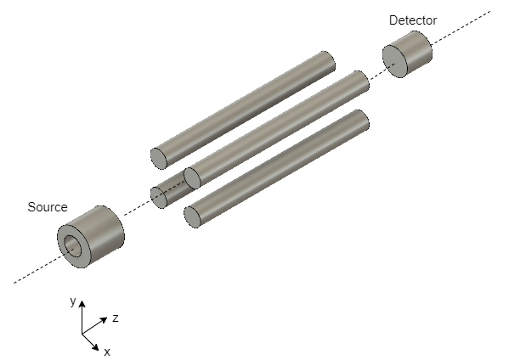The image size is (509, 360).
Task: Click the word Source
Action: click(48, 207)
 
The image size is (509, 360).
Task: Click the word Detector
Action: click(413, 20)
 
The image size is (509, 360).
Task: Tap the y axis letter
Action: click(73, 301)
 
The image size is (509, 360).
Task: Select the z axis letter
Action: click(116, 318)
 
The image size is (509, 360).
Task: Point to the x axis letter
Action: click(107, 352)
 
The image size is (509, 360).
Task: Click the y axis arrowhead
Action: click(82, 304)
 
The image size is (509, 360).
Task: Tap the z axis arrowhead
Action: click(104, 320)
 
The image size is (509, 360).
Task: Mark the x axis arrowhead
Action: click(95, 346)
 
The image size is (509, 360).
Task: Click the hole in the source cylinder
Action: click(71, 246)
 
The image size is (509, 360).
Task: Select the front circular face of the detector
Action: click(395, 62)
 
